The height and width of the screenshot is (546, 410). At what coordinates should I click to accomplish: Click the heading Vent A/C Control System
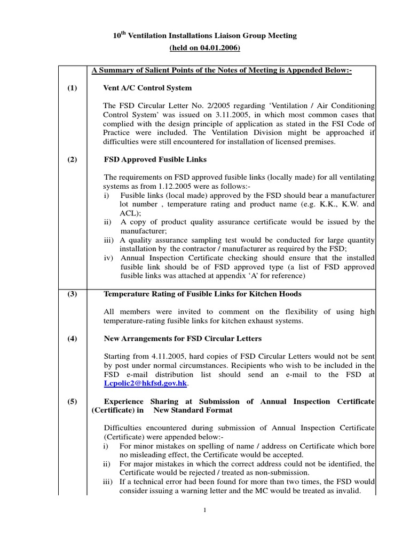147,88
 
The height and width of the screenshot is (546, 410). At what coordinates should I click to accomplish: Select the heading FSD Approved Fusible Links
155,159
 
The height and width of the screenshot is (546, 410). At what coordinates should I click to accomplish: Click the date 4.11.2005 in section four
160,356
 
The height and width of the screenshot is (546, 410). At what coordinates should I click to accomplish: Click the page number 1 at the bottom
204,510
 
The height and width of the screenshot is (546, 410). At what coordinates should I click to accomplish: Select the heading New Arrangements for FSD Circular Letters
182,339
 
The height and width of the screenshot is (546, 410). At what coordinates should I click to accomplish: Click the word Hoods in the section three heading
289,294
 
